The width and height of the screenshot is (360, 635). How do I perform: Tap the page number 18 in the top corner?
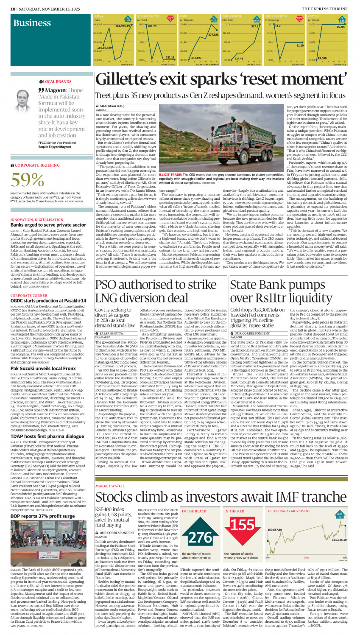[x=12, y=8]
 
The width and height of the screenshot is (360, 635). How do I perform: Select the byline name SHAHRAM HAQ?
[x=112, y=106]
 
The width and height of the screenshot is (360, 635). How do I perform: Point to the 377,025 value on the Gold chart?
[x=213, y=35]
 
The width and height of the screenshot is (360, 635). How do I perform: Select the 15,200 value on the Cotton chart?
[x=340, y=27]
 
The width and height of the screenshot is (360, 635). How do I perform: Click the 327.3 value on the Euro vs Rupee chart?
[x=254, y=26]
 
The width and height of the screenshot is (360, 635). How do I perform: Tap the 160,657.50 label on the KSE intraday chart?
[x=275, y=530]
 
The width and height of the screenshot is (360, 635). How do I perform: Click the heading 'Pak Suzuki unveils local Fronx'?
[x=43, y=369]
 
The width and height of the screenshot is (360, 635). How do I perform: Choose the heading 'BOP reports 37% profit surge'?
[x=42, y=516]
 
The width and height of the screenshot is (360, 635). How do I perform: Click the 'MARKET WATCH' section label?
[x=110, y=474]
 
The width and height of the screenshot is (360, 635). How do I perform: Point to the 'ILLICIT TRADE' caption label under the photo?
[x=170, y=174]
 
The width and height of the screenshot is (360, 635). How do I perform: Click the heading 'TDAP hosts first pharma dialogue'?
[x=47, y=436]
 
